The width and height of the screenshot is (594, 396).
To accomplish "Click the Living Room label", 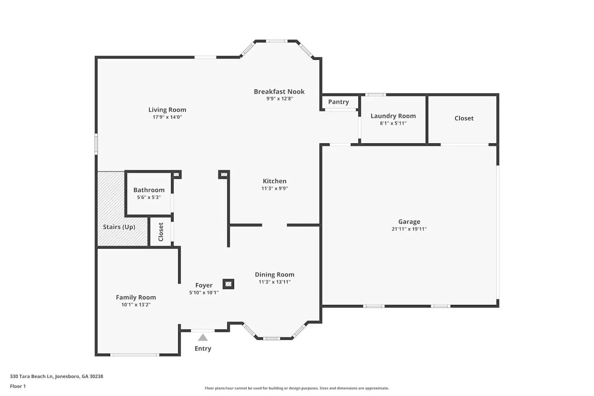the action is [x=167, y=110].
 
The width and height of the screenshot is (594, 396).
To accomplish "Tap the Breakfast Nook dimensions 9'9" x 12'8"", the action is [x=280, y=99].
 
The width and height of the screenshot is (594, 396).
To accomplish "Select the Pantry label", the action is [x=338, y=102].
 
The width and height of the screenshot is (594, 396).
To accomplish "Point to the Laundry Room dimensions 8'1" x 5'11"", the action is [x=393, y=123].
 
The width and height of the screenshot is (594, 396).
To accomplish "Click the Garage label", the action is [x=409, y=222].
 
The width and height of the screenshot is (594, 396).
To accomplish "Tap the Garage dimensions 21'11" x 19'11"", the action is [x=409, y=229].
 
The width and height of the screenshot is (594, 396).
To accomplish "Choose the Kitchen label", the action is [x=274, y=181].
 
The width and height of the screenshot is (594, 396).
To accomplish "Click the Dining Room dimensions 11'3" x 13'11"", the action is [x=274, y=282].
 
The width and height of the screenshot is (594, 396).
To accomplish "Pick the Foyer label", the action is [x=204, y=286].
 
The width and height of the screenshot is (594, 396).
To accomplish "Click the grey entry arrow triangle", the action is [x=203, y=338].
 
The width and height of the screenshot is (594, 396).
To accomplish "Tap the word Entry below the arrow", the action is [x=203, y=348].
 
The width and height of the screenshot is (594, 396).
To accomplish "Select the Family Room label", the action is [x=136, y=297].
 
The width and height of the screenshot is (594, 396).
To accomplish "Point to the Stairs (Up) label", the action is [x=119, y=227].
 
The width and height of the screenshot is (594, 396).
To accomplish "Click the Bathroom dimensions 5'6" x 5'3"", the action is [x=149, y=197].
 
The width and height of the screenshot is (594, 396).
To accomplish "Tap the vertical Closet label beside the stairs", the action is [x=161, y=232].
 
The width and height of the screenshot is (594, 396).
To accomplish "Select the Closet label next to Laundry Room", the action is [x=464, y=118].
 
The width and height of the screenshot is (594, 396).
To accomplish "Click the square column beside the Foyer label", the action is [x=228, y=284].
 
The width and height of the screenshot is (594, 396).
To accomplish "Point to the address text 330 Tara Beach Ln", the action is [x=32, y=376].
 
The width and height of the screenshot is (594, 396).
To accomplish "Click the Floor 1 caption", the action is [x=18, y=386].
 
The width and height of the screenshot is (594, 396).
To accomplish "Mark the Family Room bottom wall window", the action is [x=135, y=355].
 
